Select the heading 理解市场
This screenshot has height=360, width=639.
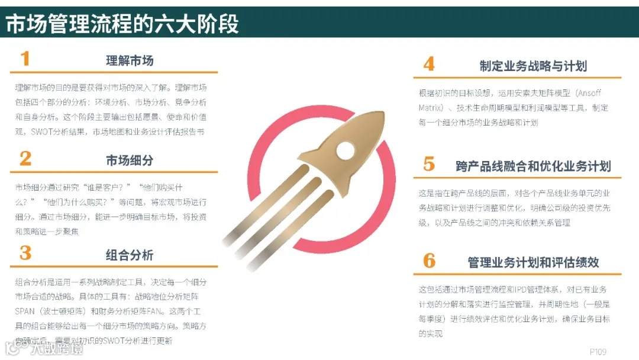click(x=130, y=60)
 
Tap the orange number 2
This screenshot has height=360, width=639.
click(x=25, y=158)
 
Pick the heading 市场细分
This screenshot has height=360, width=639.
click(x=130, y=160)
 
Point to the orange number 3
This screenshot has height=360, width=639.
click(x=25, y=253)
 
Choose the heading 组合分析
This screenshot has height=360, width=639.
click(x=130, y=255)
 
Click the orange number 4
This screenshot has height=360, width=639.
click(x=429, y=64)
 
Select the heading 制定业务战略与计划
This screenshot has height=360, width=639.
click(x=533, y=66)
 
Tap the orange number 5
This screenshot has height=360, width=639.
click(x=429, y=164)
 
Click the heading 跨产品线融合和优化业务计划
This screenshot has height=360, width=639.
click(x=533, y=166)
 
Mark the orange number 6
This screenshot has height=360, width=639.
click(x=429, y=260)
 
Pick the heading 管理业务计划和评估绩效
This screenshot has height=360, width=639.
click(x=533, y=262)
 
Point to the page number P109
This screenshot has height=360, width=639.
click(x=598, y=352)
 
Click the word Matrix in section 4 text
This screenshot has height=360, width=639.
click(x=430, y=108)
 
